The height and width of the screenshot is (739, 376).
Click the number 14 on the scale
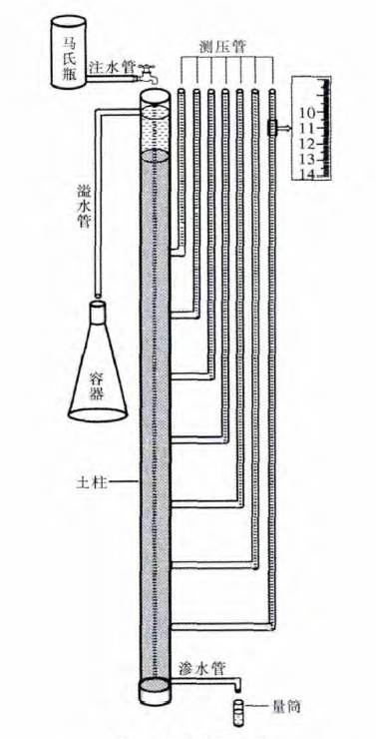tap(306, 175)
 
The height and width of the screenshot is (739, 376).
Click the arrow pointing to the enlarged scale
tap(284, 129)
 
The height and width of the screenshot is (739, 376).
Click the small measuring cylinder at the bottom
tap(239, 712)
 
